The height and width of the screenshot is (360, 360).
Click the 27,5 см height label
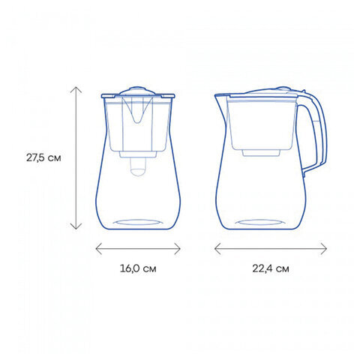[43, 157]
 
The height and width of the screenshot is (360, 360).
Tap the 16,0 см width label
[138, 268]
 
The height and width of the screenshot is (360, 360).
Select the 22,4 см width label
[271, 268]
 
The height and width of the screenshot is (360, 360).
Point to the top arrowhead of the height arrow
[76, 89]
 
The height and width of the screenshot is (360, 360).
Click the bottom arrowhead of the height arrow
[76, 226]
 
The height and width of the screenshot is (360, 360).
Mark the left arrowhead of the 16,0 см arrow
[99, 249]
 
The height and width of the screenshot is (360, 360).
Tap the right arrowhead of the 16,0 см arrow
[178, 249]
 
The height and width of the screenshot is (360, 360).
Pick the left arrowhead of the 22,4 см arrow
[217, 249]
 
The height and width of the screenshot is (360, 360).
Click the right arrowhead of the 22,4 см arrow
[324, 249]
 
